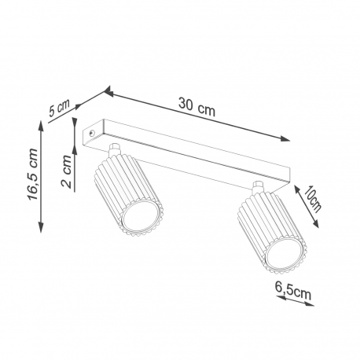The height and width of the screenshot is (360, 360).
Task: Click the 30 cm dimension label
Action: pyautogui.click(x=197, y=107)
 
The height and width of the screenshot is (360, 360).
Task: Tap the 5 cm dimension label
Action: pyautogui.click(x=60, y=108)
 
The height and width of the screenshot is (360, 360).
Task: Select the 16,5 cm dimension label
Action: pyautogui.click(x=33, y=174)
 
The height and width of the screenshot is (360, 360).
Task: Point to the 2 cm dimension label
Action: pyautogui.click(x=67, y=171)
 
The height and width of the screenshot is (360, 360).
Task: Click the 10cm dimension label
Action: pyautogui.click(x=313, y=199)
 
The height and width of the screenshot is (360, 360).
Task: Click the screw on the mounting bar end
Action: pyautogui.click(x=91, y=133)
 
